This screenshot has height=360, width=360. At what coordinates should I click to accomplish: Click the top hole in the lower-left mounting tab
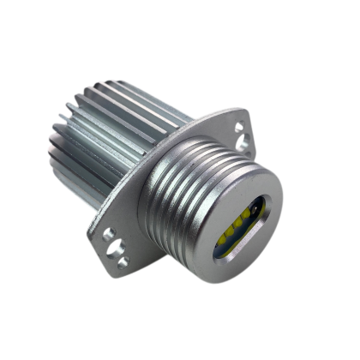(x=106, y=232)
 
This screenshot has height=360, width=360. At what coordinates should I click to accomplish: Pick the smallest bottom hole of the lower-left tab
(x=123, y=261)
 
